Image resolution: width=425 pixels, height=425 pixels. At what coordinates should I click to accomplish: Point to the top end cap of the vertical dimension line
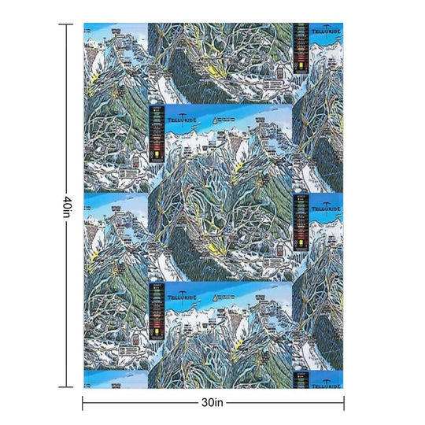(68, 24)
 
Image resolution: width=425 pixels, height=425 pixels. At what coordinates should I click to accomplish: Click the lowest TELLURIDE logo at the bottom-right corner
(324, 385)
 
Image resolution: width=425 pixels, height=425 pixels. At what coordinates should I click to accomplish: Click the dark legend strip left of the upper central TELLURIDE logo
(156, 134)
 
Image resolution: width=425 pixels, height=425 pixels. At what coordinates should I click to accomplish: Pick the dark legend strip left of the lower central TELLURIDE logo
(156, 311)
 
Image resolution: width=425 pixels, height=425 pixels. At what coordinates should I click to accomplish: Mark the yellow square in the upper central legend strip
(155, 155)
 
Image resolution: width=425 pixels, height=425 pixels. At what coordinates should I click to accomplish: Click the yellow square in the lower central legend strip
(155, 332)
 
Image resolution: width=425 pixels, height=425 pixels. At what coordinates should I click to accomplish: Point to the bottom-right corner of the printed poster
(343, 388)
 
